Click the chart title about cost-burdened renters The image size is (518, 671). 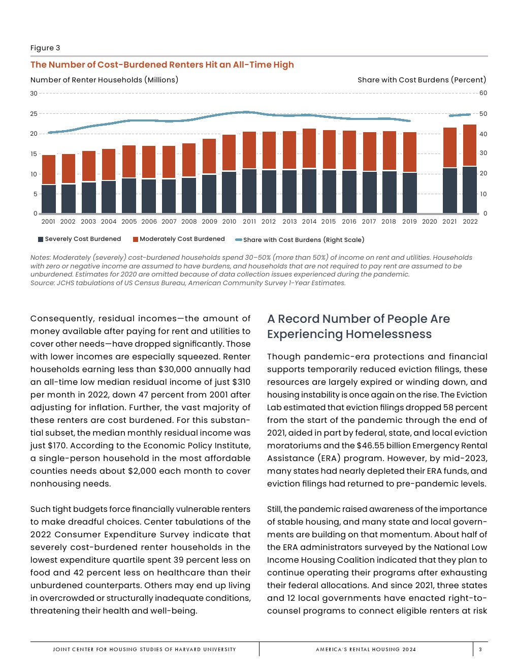(x=162, y=65)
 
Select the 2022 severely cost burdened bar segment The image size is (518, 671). (x=470, y=190)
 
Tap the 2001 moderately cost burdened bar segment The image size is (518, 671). (x=49, y=169)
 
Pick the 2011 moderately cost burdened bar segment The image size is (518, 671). (x=249, y=150)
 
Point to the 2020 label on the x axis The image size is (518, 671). (x=430, y=222)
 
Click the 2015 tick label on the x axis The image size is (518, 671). (x=329, y=222)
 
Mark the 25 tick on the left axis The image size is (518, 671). (x=34, y=114)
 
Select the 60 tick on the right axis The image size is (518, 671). (x=483, y=93)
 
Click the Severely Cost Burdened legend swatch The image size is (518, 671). (x=41, y=239)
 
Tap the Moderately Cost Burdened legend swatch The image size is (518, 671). (x=136, y=239)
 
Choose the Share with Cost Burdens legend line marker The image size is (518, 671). (x=238, y=240)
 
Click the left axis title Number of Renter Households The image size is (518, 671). (x=104, y=80)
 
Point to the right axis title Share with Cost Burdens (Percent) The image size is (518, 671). (x=422, y=80)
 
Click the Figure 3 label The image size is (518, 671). (x=45, y=48)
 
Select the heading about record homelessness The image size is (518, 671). (x=359, y=326)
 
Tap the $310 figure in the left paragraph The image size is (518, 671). (x=243, y=382)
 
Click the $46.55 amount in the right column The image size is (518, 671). (x=370, y=446)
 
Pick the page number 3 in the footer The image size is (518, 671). (x=480, y=649)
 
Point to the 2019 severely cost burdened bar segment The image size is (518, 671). (x=410, y=193)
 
